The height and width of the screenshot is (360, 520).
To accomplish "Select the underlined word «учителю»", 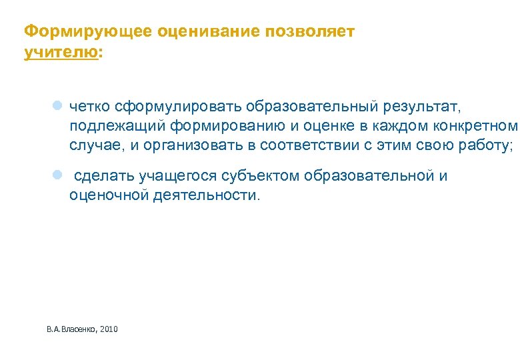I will [x=60, y=52].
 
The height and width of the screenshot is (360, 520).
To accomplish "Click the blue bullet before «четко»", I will [x=57, y=105].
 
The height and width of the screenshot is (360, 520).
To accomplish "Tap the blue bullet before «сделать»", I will [x=57, y=175].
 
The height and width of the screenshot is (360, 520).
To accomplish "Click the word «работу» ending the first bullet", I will [x=485, y=146].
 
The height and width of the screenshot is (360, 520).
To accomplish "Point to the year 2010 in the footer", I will [x=108, y=329].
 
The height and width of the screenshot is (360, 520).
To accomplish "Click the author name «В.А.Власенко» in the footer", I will [x=72, y=329].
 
